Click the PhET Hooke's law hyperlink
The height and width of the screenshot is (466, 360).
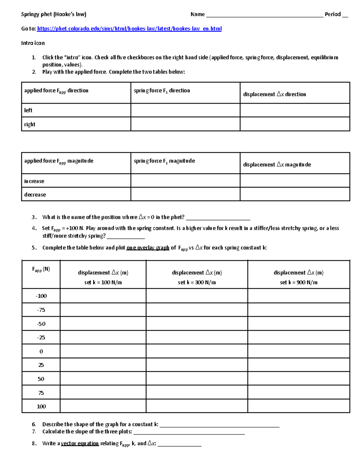(129, 29)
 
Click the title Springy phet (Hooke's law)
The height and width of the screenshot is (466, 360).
(53, 14)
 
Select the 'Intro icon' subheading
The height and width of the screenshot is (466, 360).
(33, 43)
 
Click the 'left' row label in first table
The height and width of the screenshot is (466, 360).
(28, 110)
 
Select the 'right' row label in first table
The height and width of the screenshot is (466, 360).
(30, 124)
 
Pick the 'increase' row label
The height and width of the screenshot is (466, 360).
(34, 181)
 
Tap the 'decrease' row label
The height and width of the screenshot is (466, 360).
(35, 194)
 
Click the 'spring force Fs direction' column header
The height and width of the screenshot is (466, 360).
(162, 90)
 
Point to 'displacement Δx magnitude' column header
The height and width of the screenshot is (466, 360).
(277, 164)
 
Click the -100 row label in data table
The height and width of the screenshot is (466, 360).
(41, 296)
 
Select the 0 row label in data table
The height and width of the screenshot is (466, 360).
(41, 351)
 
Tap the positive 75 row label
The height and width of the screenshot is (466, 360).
(41, 393)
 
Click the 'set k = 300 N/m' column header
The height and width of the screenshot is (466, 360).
(197, 282)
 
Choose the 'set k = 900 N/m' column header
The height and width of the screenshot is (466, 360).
(298, 282)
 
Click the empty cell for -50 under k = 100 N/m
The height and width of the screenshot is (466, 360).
(103, 323)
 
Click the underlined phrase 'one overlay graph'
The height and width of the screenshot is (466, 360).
(148, 248)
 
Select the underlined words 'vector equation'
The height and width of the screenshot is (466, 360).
(80, 443)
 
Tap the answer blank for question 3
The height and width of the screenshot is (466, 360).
(218, 218)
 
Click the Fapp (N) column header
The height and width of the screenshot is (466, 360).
(41, 269)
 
